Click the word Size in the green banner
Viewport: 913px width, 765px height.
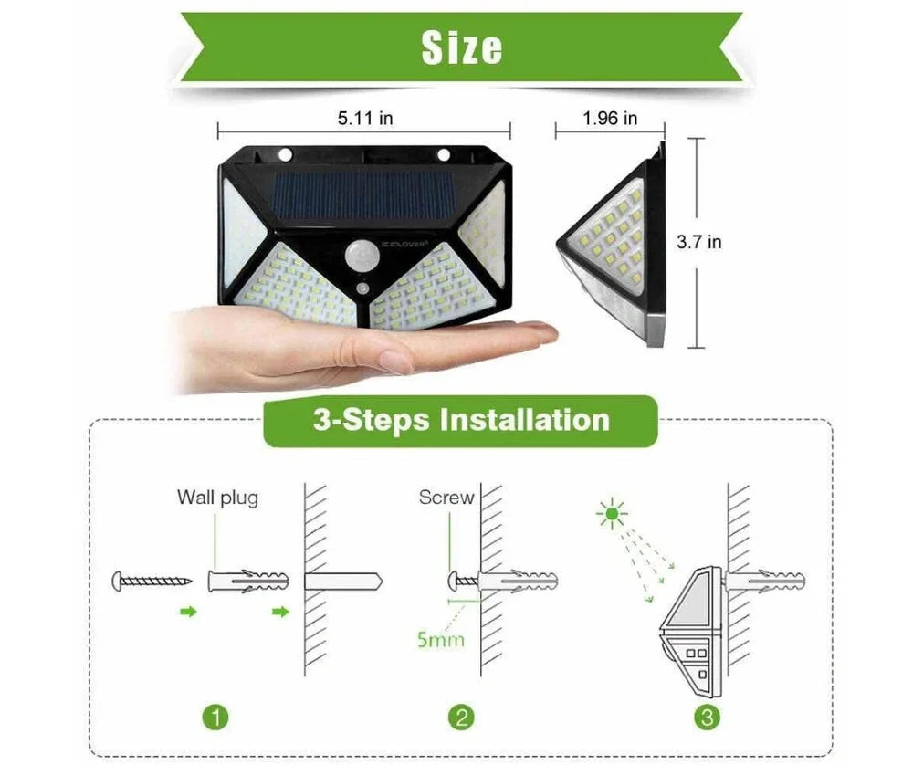461,47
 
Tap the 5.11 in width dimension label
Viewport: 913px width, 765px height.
365,118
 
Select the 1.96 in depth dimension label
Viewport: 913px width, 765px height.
610,118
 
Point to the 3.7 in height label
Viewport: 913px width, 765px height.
698,242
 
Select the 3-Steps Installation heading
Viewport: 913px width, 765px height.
461,420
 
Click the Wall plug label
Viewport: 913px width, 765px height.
217,498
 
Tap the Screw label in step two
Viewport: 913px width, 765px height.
446,498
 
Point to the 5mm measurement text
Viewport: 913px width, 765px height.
440,638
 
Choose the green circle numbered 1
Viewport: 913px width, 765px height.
215,717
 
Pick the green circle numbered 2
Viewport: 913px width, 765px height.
461,717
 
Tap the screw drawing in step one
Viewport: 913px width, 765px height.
152,580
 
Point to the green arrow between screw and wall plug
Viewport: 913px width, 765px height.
187,612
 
